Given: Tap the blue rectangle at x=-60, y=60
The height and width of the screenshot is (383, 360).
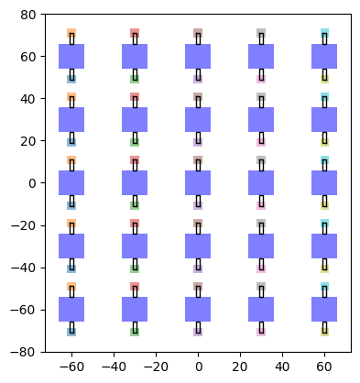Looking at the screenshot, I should (71, 56).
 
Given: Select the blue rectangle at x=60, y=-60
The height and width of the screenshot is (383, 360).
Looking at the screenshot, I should (324, 309).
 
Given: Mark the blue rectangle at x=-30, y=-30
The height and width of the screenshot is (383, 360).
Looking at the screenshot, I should (135, 246).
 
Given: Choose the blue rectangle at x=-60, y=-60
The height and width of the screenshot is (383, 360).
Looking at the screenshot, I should (71, 309).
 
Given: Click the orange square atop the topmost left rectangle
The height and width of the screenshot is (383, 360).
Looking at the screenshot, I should (71, 34).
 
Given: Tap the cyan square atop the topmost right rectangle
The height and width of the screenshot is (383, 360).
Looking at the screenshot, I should (324, 34).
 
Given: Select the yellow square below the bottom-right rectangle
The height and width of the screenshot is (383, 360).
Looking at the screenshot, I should (324, 330).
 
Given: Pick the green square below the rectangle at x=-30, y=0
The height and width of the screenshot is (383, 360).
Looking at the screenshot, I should (135, 203).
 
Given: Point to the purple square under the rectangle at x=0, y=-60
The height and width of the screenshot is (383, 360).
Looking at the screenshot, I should (198, 330).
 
